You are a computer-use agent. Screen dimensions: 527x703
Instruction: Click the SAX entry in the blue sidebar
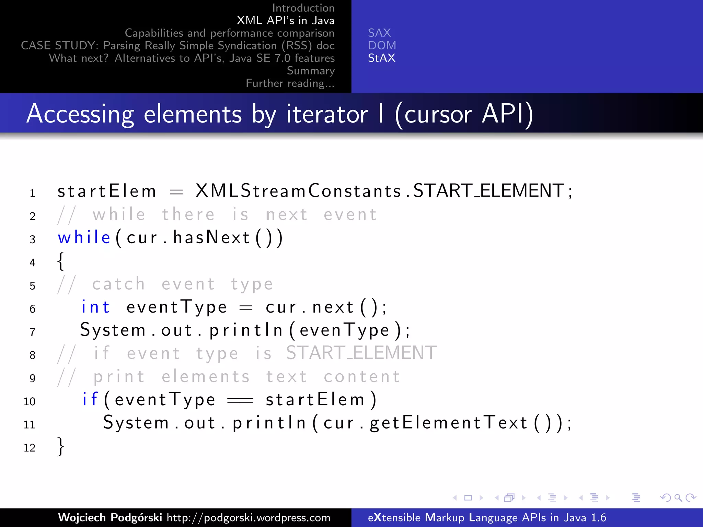(379, 33)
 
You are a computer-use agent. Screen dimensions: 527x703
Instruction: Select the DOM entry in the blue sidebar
(382, 46)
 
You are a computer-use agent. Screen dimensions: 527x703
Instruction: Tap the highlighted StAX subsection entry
(381, 58)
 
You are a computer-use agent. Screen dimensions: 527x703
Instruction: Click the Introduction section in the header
(303, 8)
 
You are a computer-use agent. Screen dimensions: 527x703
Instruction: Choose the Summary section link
(311, 71)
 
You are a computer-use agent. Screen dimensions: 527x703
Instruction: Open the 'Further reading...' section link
(290, 83)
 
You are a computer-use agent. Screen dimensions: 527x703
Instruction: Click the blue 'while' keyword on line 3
(84, 237)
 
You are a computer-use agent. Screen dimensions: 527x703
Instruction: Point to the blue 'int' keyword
(95, 307)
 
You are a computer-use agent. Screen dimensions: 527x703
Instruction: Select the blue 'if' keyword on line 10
(90, 399)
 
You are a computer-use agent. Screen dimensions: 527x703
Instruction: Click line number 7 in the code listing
(32, 332)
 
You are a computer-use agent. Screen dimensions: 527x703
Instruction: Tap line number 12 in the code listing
(30, 447)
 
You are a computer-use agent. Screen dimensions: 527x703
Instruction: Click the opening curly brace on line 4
(61, 261)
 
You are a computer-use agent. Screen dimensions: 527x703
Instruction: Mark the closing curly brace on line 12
(61, 446)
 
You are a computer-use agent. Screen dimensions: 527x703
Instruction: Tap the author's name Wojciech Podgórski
(110, 517)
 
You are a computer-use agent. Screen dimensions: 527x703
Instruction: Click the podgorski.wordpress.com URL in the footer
(249, 517)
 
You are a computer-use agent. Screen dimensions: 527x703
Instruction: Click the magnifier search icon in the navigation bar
(678, 497)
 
